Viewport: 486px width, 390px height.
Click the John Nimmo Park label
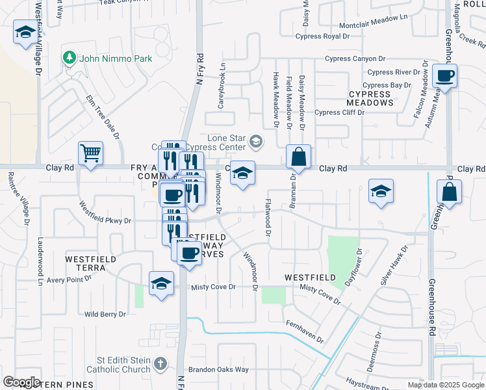coord(116,58)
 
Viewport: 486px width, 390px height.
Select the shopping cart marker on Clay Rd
coord(90,154)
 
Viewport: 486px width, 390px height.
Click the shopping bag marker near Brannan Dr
coord(298,157)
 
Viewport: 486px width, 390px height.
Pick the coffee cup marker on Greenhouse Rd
coord(445,76)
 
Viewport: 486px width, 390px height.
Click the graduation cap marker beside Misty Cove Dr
coord(161,283)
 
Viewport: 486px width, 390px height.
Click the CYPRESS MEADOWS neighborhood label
coord(369,98)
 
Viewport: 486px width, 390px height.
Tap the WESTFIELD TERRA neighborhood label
coord(91,263)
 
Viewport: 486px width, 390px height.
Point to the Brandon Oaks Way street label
coord(219,370)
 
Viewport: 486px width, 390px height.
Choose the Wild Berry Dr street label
coord(105,315)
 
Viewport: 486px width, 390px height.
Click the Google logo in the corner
coord(21,382)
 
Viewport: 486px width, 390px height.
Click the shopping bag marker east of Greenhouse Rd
coord(450,192)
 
